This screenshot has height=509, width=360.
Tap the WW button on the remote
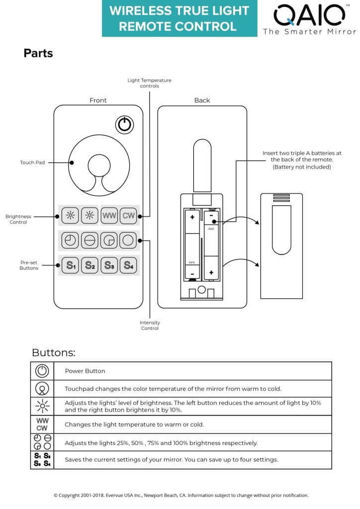point(109,216)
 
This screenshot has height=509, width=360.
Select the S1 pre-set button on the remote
point(70,265)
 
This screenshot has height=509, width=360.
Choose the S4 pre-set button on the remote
point(128,265)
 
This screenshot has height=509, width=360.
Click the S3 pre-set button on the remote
point(109,265)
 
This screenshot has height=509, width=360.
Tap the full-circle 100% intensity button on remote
point(128,241)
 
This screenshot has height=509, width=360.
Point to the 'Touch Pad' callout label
point(32,163)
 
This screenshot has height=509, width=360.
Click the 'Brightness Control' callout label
point(18,219)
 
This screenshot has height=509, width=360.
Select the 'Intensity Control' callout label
point(150,326)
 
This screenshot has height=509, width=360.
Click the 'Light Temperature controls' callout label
point(149,83)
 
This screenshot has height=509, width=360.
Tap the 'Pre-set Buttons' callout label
point(29,265)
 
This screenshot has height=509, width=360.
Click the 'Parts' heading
point(38,53)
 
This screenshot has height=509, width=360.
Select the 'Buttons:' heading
point(54,353)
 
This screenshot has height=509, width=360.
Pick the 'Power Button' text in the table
point(85,371)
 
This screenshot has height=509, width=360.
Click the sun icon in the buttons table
point(42,406)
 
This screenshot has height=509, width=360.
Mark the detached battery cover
point(281,246)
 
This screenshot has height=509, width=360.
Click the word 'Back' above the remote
point(202,100)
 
